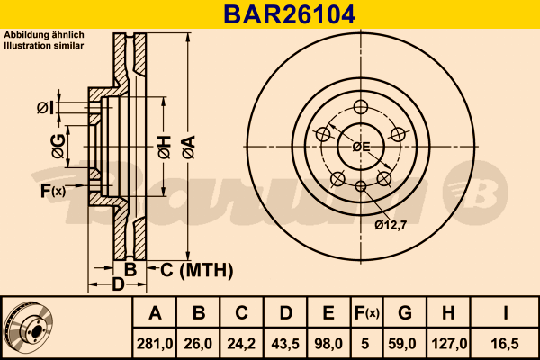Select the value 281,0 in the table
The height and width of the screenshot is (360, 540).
155,343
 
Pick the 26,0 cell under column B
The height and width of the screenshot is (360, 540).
199,343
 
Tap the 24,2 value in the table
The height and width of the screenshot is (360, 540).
241,343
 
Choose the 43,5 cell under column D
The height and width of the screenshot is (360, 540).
285,343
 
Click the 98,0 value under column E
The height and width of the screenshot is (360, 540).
328,343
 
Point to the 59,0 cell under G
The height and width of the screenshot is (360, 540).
405,343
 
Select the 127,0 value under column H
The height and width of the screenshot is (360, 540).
450,343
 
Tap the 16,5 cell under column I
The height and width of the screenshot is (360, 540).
507,343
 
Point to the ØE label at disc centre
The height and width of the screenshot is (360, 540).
361,146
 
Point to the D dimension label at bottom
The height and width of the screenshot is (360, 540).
117,285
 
